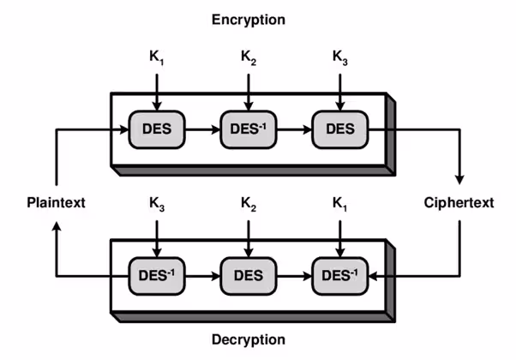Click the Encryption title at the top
coord(250,19)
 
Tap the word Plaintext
coord(57,203)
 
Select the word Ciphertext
coord(459,203)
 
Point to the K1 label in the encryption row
coord(156,59)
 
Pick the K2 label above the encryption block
coord(248,59)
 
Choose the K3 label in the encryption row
coord(340,59)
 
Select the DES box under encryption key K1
coord(156,130)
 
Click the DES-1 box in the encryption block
coord(248,130)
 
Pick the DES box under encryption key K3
coord(340,130)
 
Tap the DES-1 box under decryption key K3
coord(156,275)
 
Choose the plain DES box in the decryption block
coord(248,275)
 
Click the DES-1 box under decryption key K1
coord(340,275)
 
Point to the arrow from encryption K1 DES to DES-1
coord(202,131)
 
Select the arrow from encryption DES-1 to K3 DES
coord(294,131)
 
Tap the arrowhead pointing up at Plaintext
coord(57,228)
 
